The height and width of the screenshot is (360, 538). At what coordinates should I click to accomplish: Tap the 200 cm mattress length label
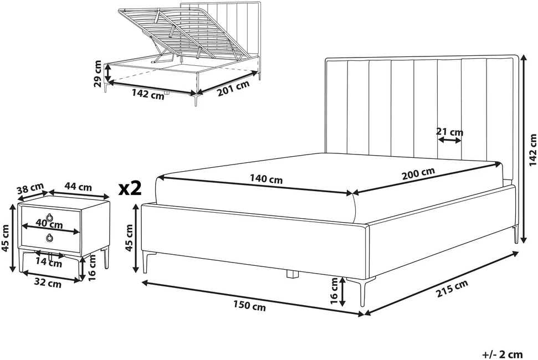418,173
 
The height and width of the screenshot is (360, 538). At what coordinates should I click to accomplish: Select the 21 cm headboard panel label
449,132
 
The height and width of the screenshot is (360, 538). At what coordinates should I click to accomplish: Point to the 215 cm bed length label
452,289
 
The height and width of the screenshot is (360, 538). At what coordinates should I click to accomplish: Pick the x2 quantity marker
130,188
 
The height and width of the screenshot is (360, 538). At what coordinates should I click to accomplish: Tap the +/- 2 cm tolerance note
503,354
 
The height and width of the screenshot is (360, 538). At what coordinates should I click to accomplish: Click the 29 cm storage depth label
98,74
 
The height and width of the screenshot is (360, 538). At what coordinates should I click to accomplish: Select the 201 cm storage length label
234,89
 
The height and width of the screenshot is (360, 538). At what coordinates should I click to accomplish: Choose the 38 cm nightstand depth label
30,189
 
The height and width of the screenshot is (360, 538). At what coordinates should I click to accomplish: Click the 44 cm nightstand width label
78,187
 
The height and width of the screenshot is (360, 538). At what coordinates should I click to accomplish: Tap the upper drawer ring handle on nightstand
50,217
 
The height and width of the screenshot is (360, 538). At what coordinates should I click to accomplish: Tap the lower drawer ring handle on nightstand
50,238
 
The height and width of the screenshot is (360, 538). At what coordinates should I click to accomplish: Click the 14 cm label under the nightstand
49,263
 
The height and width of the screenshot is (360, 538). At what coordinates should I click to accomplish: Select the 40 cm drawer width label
49,224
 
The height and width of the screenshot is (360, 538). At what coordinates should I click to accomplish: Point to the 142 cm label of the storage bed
148,94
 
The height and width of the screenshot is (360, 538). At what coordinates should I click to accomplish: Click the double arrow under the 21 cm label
449,140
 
